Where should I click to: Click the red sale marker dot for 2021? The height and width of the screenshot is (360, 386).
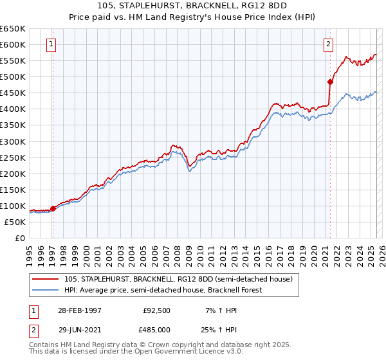tap(330, 82)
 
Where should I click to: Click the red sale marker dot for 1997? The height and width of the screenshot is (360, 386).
tap(53, 208)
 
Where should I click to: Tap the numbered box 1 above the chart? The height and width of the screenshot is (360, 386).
tap(51, 44)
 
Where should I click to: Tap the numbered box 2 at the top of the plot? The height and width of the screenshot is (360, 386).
tap(328, 44)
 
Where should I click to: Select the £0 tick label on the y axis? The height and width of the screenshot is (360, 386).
tap(21, 239)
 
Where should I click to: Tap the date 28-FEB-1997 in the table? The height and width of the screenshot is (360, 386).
tap(79, 310)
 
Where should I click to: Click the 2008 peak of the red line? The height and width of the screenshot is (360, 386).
tap(173, 145)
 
